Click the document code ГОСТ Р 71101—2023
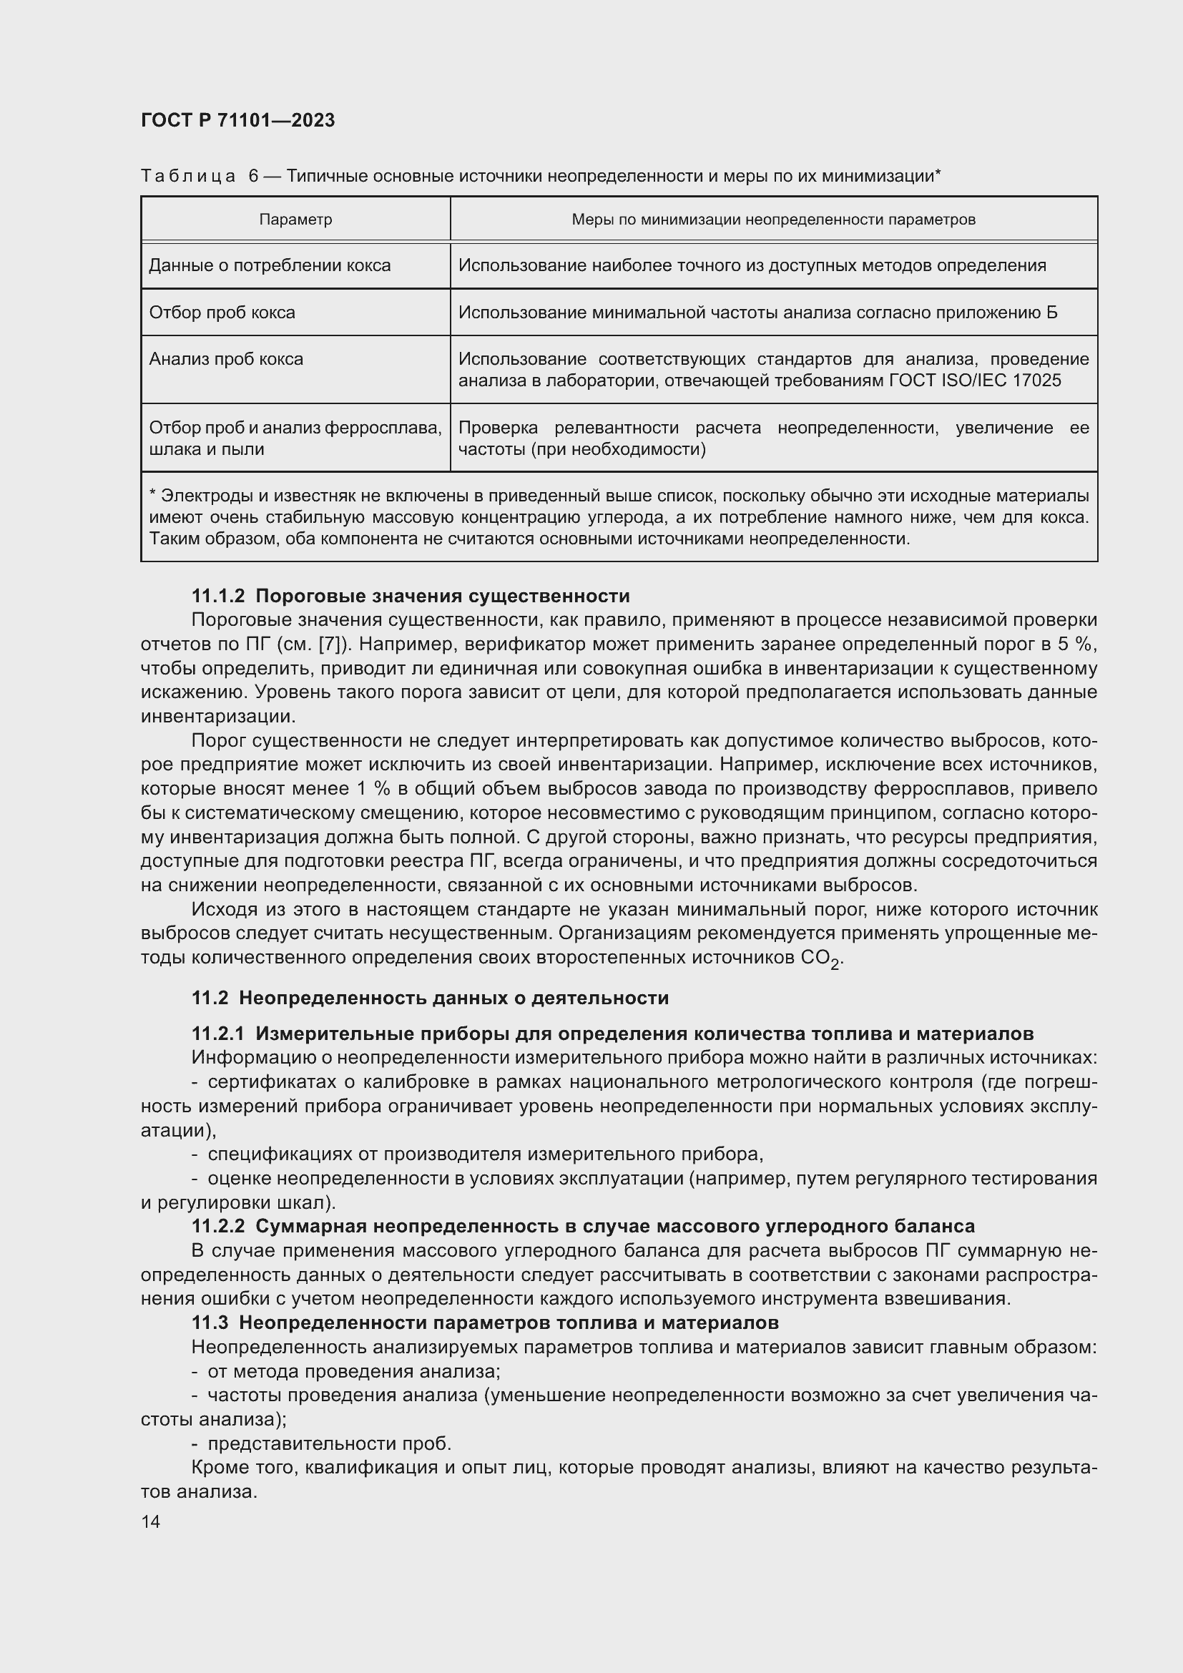point(237,121)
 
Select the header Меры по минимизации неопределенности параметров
point(773,220)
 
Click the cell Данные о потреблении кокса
point(270,265)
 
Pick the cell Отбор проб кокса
point(222,313)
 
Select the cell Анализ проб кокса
point(226,359)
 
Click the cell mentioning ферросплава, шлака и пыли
point(295,438)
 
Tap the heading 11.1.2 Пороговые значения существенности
point(410,596)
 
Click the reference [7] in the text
point(329,644)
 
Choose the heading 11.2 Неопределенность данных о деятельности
point(430,998)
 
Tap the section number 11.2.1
point(218,1034)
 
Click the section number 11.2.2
point(218,1227)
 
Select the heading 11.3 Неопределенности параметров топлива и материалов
point(484,1323)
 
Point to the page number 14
point(151,1521)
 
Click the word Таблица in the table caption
point(188,177)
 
